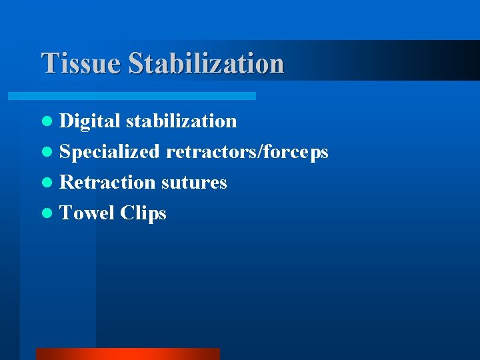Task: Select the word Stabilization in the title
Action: point(206,63)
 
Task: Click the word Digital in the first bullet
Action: point(90,121)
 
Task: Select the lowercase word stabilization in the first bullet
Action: point(181,121)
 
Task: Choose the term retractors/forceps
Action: point(247,152)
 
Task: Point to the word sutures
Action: point(194,183)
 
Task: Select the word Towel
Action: point(87,213)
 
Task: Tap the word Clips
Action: point(143,213)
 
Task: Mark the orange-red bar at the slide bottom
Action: point(127,353)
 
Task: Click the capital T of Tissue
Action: point(49,63)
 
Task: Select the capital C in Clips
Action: point(127,213)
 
